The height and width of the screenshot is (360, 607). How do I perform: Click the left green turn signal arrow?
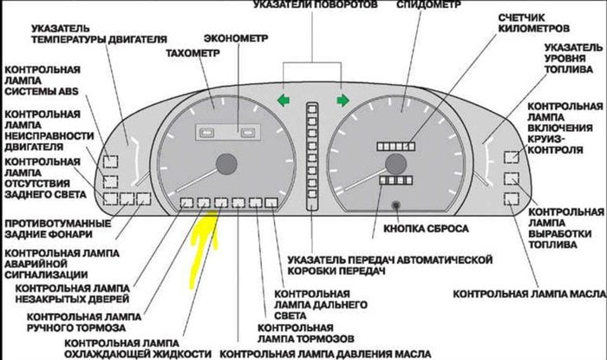pyautogui.click(x=283, y=100)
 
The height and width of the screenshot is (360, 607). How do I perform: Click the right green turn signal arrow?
pyautogui.click(x=343, y=100)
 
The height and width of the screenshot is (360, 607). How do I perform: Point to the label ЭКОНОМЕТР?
pyautogui.click(x=236, y=39)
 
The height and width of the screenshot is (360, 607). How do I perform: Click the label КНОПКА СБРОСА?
pyautogui.click(x=421, y=228)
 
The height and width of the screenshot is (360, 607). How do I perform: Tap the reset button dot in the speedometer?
pyautogui.click(x=395, y=206)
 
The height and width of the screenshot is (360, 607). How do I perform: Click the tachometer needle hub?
pyautogui.click(x=227, y=163)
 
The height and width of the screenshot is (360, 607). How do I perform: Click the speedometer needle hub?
pyautogui.click(x=396, y=163)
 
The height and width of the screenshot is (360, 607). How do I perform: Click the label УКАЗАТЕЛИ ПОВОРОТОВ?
pyautogui.click(x=316, y=5)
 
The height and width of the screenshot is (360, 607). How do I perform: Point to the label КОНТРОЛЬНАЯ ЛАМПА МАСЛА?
pyautogui.click(x=527, y=293)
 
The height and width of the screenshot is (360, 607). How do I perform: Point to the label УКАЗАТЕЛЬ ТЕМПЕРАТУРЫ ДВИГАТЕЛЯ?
pyautogui.click(x=87, y=34)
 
